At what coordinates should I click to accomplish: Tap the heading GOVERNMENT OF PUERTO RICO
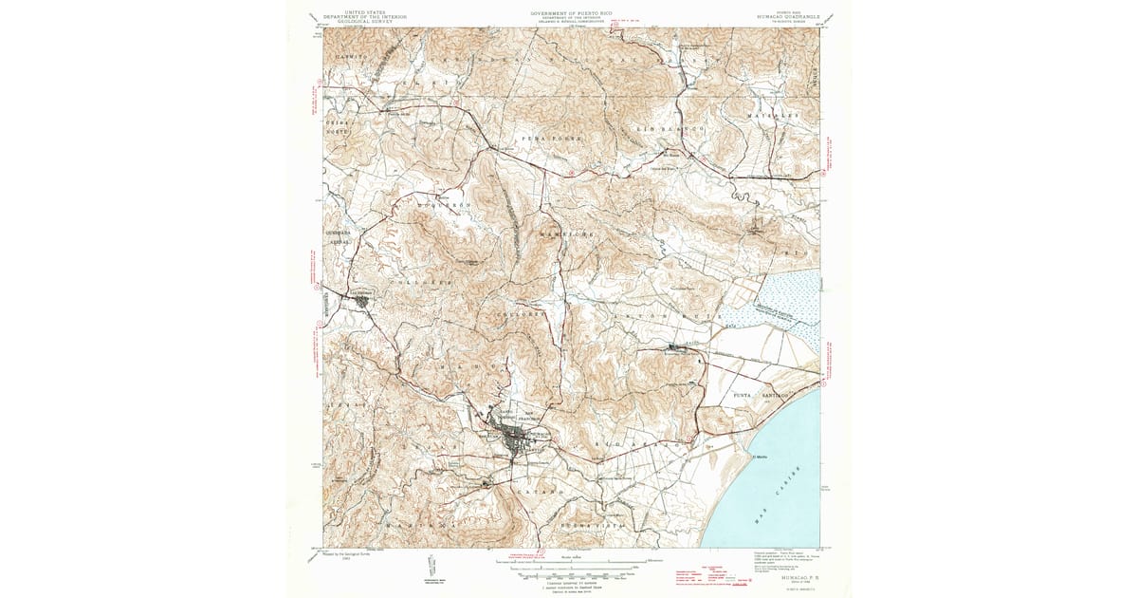571,12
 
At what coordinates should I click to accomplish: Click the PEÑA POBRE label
552,139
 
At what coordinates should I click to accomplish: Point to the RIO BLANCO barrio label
671,126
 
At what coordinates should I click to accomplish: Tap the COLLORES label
519,313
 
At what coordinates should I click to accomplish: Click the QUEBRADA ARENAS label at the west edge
339,237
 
